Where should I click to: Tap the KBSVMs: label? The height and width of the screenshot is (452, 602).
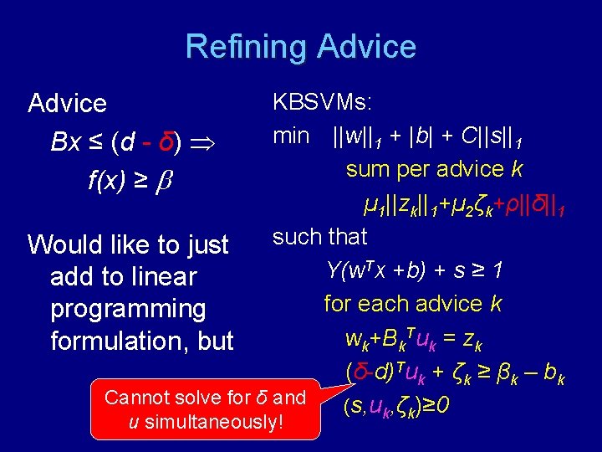tap(323, 102)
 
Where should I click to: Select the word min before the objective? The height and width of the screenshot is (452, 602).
tap(291, 136)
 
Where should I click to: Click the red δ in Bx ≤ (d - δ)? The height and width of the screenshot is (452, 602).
tap(166, 142)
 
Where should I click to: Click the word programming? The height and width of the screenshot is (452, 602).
tap(128, 309)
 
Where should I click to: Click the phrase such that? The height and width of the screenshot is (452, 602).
tap(319, 237)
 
